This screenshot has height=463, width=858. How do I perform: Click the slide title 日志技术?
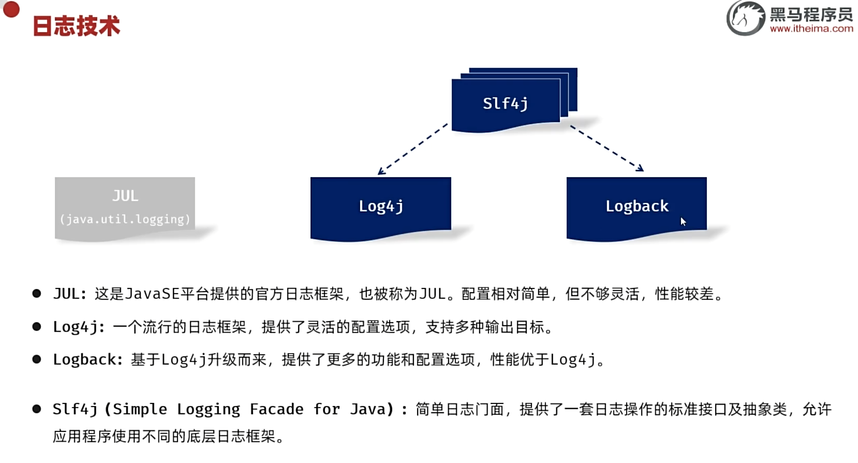coord(76,26)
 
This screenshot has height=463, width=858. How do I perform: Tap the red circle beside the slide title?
coord(11,9)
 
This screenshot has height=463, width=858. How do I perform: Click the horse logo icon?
coord(745,18)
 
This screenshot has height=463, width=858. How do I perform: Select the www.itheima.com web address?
coord(811,29)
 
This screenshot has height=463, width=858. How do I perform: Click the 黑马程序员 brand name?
coord(811,13)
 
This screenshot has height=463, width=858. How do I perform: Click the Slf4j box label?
coord(505,104)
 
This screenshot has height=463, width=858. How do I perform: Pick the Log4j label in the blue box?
coord(381,206)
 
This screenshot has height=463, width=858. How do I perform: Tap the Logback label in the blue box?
coord(637,206)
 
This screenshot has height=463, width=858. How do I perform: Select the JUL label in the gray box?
coord(125,196)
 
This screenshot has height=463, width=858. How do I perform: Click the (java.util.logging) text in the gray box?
coord(125,219)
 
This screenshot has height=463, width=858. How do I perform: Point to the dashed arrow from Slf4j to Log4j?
coord(413,149)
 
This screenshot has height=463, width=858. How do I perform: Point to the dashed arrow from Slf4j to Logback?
coord(606,148)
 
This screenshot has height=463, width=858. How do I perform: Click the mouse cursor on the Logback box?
coord(683,222)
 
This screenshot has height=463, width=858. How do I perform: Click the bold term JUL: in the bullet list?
coord(70,294)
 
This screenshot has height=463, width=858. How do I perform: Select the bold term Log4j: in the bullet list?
coord(79,327)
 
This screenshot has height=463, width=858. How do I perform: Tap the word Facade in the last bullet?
coord(276,409)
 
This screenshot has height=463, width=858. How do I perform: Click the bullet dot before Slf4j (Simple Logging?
coord(37,409)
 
